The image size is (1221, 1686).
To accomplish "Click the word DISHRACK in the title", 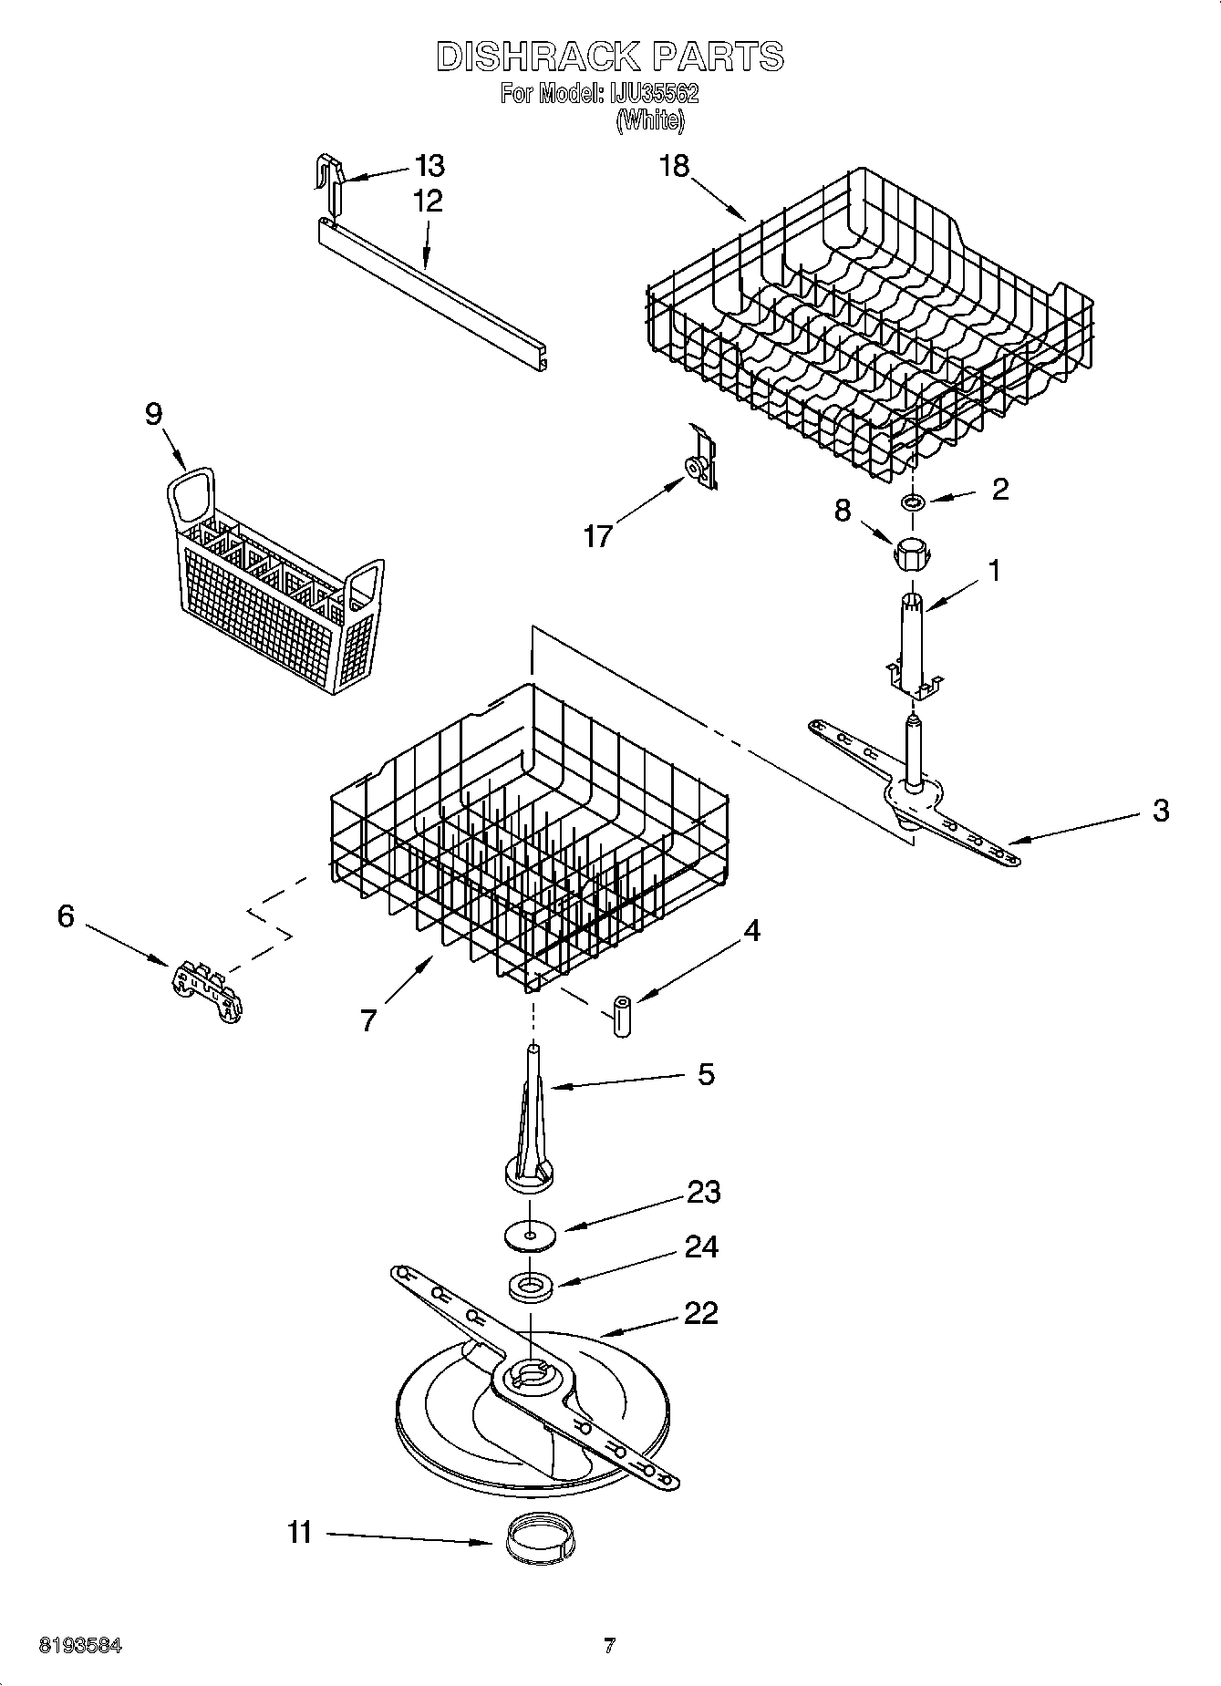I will click(x=538, y=57).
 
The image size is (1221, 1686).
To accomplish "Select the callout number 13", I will click(x=429, y=166).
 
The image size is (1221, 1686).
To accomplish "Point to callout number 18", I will click(x=674, y=166).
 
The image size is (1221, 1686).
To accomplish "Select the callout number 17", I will click(x=598, y=536).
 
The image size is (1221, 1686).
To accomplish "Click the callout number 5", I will click(x=706, y=1074).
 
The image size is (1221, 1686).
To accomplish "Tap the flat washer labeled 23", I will click(x=530, y=1235).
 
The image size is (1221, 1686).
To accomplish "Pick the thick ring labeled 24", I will click(x=531, y=1287).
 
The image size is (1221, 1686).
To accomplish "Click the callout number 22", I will click(x=701, y=1313).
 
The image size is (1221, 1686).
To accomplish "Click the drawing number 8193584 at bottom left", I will click(x=80, y=1647).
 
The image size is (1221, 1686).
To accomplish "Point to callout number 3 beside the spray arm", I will click(x=1160, y=810).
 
